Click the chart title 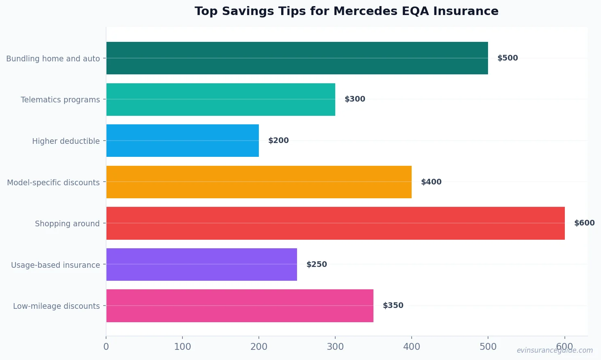point(346,11)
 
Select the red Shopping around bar point(335,223)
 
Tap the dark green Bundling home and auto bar point(297,58)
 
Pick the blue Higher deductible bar point(182,141)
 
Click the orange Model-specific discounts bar point(259,182)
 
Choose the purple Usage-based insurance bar point(202,265)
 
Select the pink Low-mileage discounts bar point(240,306)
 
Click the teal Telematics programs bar point(221,100)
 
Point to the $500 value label point(508,58)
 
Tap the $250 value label point(317,265)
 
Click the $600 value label point(584,223)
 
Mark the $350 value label point(393,306)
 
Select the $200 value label point(278,141)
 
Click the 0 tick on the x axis point(106,347)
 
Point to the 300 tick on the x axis point(335,347)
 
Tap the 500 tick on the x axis point(488,347)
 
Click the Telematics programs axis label point(60,100)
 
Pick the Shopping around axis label point(67,223)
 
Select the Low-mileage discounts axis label point(56,306)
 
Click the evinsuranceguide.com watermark point(554,350)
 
